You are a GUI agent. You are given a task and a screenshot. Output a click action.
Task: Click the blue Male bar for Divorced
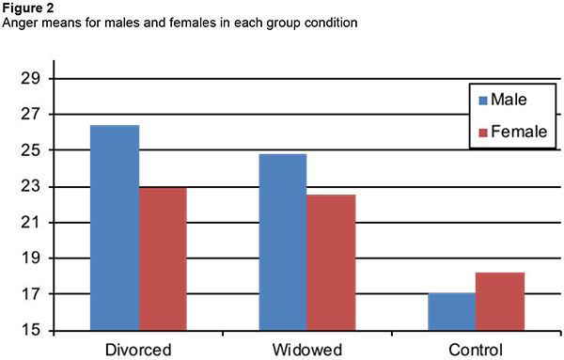click(x=115, y=227)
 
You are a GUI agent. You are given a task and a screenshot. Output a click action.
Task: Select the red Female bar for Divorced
click(x=163, y=258)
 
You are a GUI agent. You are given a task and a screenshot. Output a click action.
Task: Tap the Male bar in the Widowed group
click(x=282, y=242)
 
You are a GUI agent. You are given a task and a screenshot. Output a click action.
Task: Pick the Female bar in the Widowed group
click(x=330, y=262)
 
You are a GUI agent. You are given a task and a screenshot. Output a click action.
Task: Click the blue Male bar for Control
click(x=451, y=312)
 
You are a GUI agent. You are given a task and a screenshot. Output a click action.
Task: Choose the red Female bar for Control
click(x=500, y=302)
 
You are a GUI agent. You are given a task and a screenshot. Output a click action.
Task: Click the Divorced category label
click(x=139, y=349)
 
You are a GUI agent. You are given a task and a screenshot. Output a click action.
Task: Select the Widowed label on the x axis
click(x=306, y=349)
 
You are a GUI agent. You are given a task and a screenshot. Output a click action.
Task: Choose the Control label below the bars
click(x=475, y=349)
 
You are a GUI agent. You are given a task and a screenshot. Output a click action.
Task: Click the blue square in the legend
click(x=483, y=99)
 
